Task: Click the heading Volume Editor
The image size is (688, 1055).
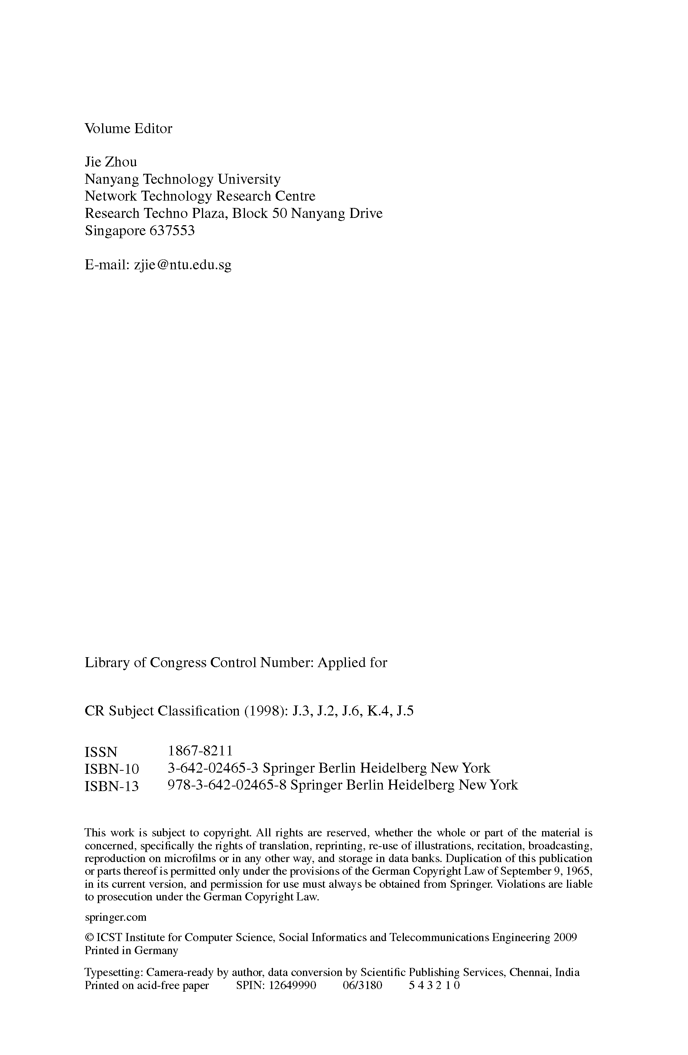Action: tap(128, 129)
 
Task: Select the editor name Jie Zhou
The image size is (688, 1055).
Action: tap(111, 162)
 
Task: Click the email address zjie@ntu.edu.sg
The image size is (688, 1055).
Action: tap(182, 265)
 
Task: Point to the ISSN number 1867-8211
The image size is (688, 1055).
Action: tap(200, 751)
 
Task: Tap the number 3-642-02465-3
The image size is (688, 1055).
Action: tap(213, 768)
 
